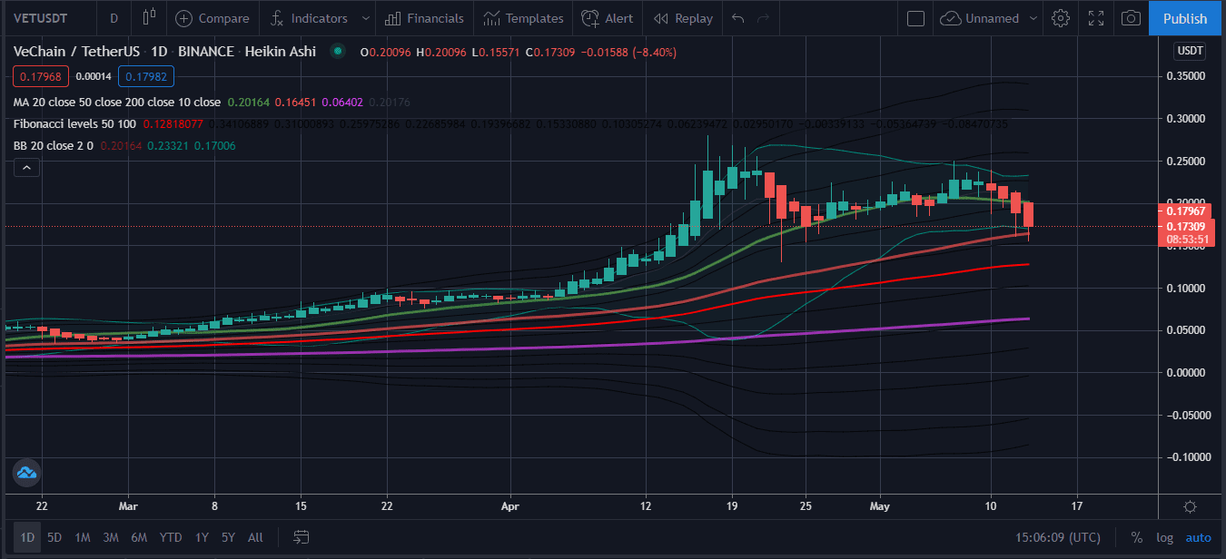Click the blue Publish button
1185,18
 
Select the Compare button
213,18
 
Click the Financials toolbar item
424,18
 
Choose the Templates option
523,18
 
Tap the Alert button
608,18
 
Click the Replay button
683,18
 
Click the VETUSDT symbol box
42,18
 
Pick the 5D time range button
54,537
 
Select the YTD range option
171,537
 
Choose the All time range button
255,537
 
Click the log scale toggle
1165,537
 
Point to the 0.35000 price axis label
1190,76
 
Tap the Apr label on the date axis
510,505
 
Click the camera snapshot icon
1131,18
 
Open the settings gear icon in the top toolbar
1060,18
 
